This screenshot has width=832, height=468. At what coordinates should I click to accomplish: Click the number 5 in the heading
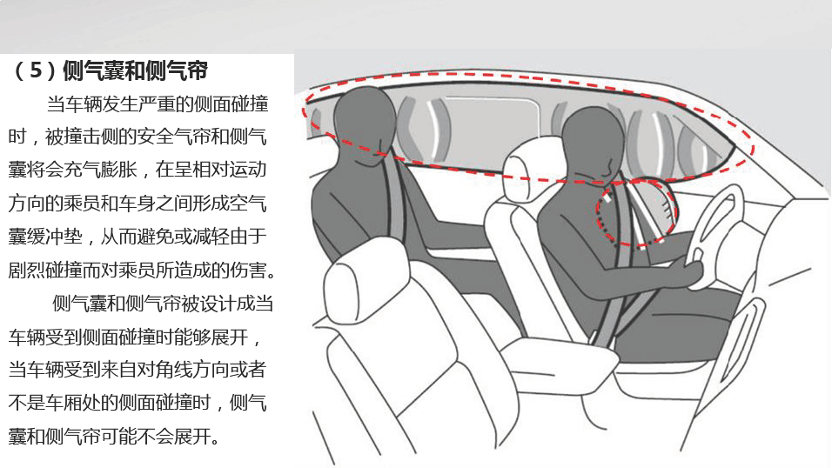tap(36, 70)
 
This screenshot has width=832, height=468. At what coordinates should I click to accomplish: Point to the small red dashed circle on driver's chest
tap(637, 212)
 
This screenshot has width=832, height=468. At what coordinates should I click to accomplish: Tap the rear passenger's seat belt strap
tap(395, 202)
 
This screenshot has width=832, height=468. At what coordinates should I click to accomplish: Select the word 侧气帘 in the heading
tap(176, 70)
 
